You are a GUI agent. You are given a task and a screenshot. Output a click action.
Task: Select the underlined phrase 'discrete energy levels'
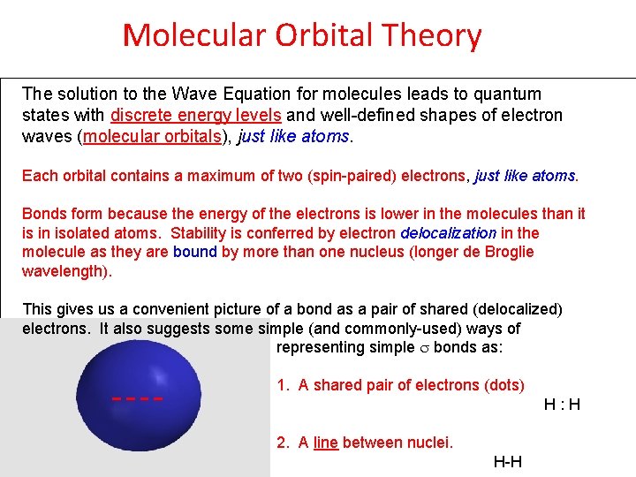[195, 115]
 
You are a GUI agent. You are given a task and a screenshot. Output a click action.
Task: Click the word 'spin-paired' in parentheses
[354, 176]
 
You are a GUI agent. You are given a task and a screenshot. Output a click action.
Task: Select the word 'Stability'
[200, 233]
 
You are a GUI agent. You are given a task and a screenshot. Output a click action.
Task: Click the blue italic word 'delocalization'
[448, 233]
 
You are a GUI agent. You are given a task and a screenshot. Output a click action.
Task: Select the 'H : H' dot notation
[562, 405]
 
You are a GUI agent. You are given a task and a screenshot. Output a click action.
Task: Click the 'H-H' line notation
[507, 462]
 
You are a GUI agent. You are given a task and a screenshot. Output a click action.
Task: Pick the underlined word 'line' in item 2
[325, 443]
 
